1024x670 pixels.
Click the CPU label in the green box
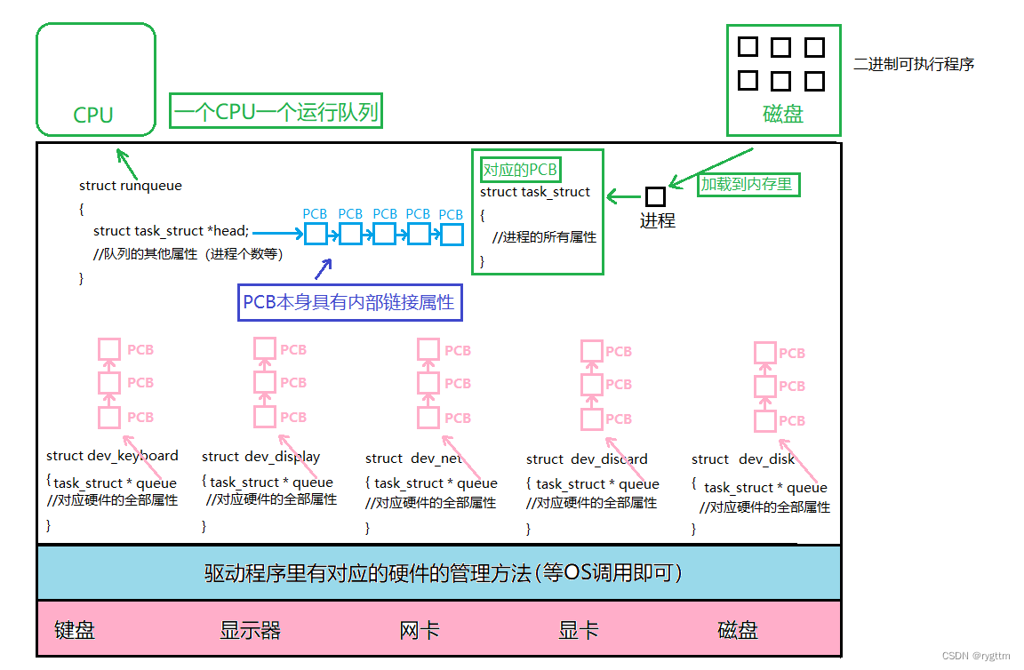click(x=93, y=115)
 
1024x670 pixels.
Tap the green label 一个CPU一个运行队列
click(x=276, y=113)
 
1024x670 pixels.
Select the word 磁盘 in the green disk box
click(x=782, y=115)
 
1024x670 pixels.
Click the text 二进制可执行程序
click(x=914, y=64)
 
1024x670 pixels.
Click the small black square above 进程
click(x=655, y=196)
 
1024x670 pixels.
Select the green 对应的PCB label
click(x=520, y=170)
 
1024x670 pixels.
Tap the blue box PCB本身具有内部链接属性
click(x=351, y=303)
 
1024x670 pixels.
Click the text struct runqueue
click(x=130, y=186)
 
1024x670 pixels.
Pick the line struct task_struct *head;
click(x=171, y=231)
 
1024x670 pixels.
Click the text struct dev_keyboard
click(x=112, y=456)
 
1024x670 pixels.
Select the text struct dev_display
click(x=260, y=457)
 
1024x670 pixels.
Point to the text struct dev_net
click(x=413, y=459)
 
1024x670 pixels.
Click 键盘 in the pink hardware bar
click(x=75, y=630)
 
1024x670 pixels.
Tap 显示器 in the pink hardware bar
click(x=250, y=630)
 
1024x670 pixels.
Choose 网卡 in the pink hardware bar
click(x=420, y=630)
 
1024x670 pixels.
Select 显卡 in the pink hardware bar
click(x=579, y=630)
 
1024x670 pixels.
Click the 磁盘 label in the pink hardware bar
click(x=738, y=630)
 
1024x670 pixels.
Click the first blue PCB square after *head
click(x=316, y=235)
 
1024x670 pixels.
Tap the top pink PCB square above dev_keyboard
click(x=108, y=349)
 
